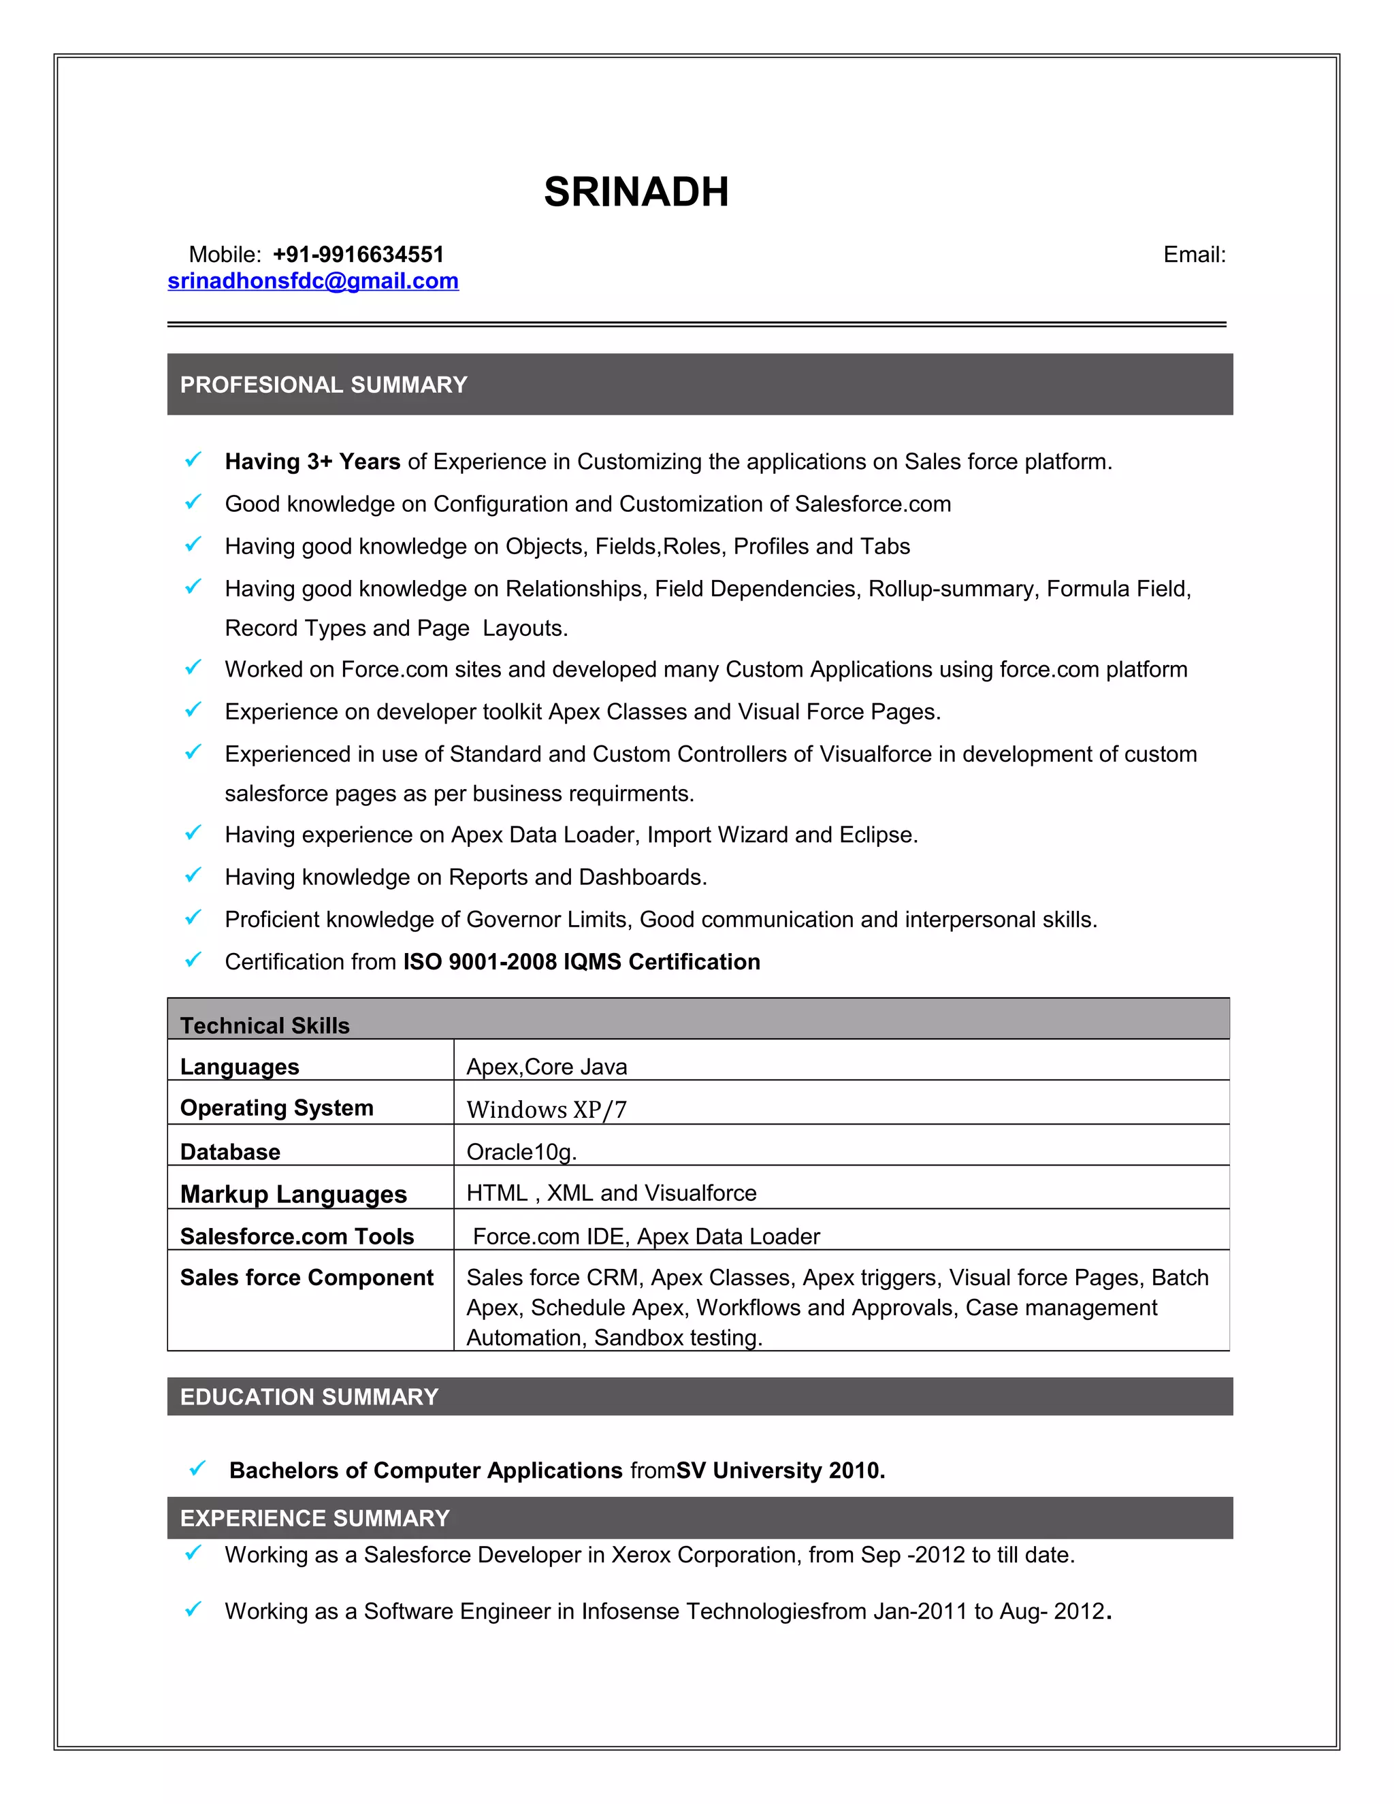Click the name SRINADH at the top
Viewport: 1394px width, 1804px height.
tap(636, 192)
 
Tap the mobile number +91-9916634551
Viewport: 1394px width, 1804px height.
tap(359, 255)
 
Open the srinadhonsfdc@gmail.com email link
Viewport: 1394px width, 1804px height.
tap(313, 281)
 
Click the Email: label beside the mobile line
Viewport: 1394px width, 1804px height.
tap(1194, 255)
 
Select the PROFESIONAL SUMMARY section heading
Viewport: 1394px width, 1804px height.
tap(324, 385)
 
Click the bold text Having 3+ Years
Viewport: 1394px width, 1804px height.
tap(312, 462)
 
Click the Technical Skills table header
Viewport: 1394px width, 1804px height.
tap(265, 1025)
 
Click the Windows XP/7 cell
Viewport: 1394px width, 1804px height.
tap(547, 1110)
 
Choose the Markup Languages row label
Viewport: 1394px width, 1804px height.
tap(293, 1195)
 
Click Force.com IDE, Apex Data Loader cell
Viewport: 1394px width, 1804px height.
tap(646, 1236)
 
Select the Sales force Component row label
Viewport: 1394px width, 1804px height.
tap(306, 1278)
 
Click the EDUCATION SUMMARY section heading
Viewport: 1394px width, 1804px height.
tap(309, 1397)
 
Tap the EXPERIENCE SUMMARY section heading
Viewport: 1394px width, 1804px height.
tap(314, 1518)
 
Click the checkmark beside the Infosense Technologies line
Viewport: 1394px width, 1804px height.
tap(193, 1609)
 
